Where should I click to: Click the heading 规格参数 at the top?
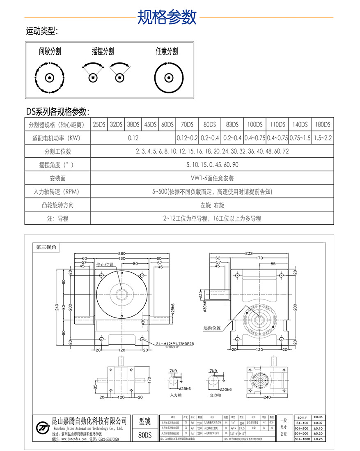pos(167,17)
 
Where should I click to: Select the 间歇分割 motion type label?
pos(50,51)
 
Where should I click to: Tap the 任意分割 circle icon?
pos(167,78)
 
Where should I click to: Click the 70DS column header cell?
pos(187,124)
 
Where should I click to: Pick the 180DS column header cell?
pos(322,124)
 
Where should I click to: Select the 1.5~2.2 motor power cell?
pos(322,138)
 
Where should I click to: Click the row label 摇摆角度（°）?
pos(57,165)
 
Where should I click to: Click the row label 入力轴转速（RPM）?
pos(57,192)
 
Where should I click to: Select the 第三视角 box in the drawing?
pos(48,247)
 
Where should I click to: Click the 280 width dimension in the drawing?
pos(122,253)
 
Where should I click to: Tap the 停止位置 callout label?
pos(104,265)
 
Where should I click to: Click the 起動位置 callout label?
pos(212,328)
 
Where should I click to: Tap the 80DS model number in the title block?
pos(145,435)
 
